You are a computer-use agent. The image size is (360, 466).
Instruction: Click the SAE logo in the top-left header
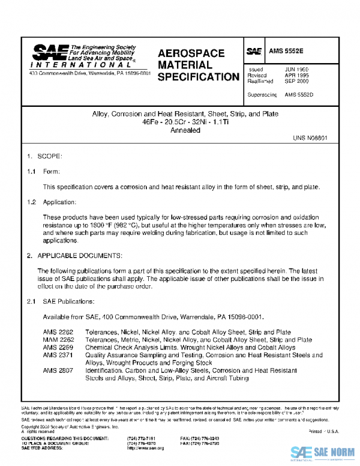coord(49,53)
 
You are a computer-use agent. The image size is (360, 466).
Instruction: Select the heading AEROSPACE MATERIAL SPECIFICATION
coord(198,65)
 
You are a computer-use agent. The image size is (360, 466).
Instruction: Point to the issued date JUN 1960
coord(296,70)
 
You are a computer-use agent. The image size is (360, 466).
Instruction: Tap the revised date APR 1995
coord(296,76)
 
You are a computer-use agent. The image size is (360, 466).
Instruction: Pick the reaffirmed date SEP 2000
coord(296,82)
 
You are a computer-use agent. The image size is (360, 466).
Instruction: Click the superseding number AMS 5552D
coord(299,95)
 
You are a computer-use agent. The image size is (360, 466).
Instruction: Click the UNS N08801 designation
coord(310,138)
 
